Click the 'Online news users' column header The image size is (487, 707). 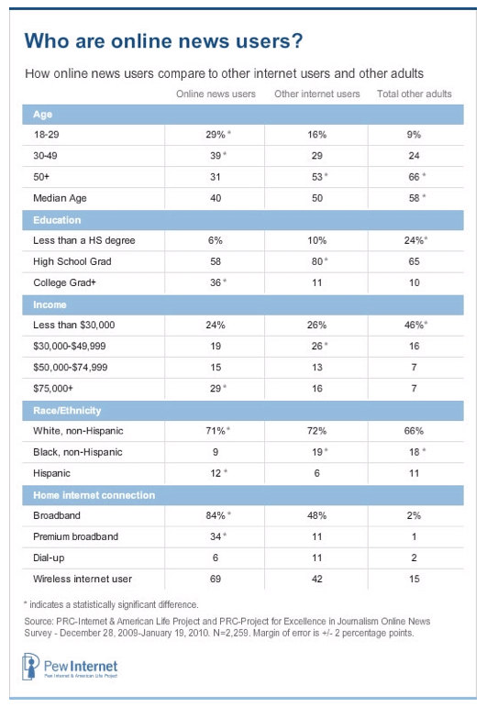click(x=216, y=94)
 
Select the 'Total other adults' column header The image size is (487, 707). click(x=414, y=94)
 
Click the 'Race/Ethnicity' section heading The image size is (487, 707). click(x=67, y=410)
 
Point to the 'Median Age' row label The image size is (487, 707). click(x=60, y=198)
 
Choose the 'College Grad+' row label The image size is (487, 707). click(x=64, y=282)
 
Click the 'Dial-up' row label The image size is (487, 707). click(x=49, y=558)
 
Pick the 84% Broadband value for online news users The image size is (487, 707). click(x=217, y=515)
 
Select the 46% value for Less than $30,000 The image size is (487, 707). click(x=415, y=325)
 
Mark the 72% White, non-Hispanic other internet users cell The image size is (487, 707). click(x=316, y=431)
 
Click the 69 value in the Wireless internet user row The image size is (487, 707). click(x=216, y=579)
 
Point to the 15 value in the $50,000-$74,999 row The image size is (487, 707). click(x=216, y=367)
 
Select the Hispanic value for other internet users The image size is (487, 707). click(x=317, y=473)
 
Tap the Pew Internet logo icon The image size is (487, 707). click(x=30, y=667)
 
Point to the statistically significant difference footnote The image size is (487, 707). click(x=111, y=604)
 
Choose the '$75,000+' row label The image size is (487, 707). click(x=53, y=388)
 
